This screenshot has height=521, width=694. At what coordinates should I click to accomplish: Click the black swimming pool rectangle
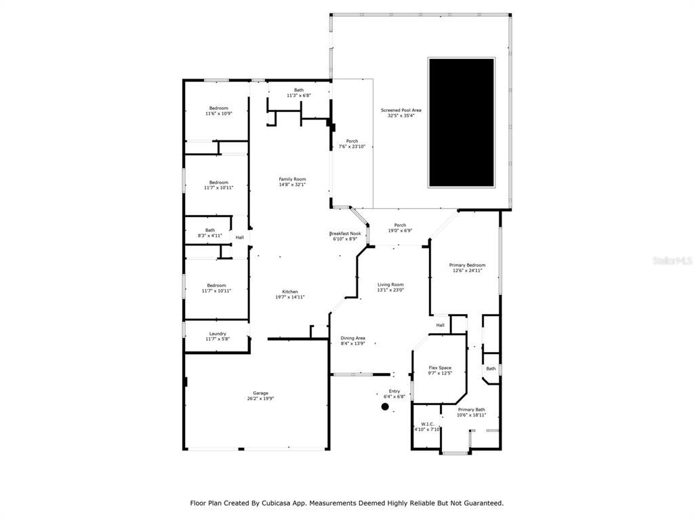pyautogui.click(x=461, y=122)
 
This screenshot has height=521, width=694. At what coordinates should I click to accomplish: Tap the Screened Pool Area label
pyautogui.click(x=401, y=109)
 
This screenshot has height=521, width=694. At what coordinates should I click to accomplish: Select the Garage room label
pyautogui.click(x=260, y=393)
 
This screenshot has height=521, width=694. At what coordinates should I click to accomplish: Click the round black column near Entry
pyautogui.click(x=385, y=406)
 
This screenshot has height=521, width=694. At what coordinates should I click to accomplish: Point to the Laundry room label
pyautogui.click(x=218, y=333)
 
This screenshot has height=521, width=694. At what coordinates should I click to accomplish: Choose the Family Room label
pyautogui.click(x=292, y=179)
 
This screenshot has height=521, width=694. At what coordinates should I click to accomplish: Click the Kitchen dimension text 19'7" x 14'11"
pyautogui.click(x=290, y=297)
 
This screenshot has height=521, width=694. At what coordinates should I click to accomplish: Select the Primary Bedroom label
pyautogui.click(x=467, y=265)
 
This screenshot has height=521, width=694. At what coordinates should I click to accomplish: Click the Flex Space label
pyautogui.click(x=440, y=368)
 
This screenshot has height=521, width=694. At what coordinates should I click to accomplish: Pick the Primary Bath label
pyautogui.click(x=471, y=409)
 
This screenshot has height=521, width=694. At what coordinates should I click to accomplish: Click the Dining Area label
pyautogui.click(x=352, y=338)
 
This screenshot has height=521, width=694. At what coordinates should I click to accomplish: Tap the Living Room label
pyautogui.click(x=390, y=284)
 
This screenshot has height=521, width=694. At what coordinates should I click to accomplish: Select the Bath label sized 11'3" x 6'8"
pyautogui.click(x=298, y=90)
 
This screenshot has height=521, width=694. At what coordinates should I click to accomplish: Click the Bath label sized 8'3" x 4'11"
pyautogui.click(x=210, y=230)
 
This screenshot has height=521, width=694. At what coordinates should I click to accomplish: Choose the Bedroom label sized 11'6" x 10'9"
pyautogui.click(x=218, y=108)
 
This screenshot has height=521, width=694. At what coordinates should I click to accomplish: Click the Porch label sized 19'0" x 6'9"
pyautogui.click(x=400, y=225)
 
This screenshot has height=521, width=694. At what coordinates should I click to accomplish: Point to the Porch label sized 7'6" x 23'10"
pyautogui.click(x=352, y=141)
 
